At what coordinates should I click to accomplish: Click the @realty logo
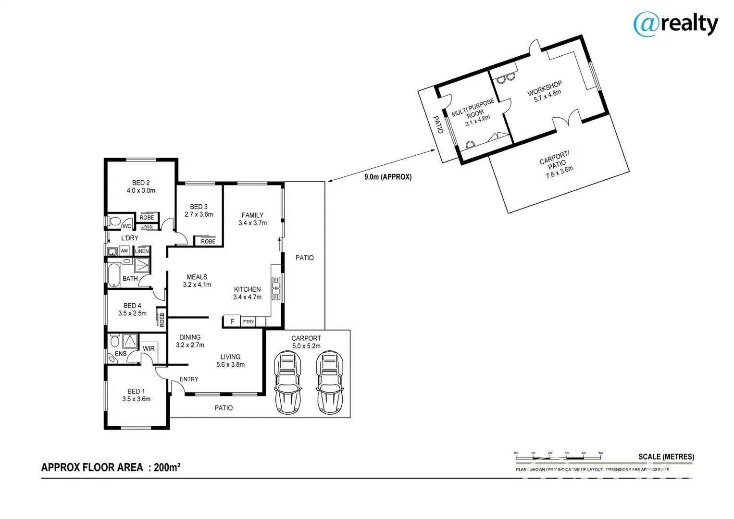675,24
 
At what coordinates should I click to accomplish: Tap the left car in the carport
287,382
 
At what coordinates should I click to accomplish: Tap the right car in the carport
330,382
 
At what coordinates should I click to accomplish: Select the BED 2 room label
141,186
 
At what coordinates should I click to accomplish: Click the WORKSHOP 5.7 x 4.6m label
546,91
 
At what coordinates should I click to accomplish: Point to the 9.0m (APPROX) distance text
388,177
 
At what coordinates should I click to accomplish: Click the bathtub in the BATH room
113,275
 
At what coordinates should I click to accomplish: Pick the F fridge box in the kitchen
233,321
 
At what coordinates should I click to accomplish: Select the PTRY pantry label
248,322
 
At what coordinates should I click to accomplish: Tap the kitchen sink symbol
276,288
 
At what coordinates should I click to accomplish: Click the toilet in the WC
114,222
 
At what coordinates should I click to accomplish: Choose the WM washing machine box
124,251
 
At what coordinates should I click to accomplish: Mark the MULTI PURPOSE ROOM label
474,112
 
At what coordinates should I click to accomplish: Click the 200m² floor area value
167,467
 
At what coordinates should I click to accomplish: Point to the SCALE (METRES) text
666,457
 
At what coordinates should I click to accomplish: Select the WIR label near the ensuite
149,348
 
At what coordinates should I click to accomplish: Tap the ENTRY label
189,379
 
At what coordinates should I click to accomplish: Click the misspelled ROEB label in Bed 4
162,320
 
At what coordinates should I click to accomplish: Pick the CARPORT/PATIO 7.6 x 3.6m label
556,164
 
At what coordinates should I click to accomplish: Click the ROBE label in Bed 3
208,241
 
